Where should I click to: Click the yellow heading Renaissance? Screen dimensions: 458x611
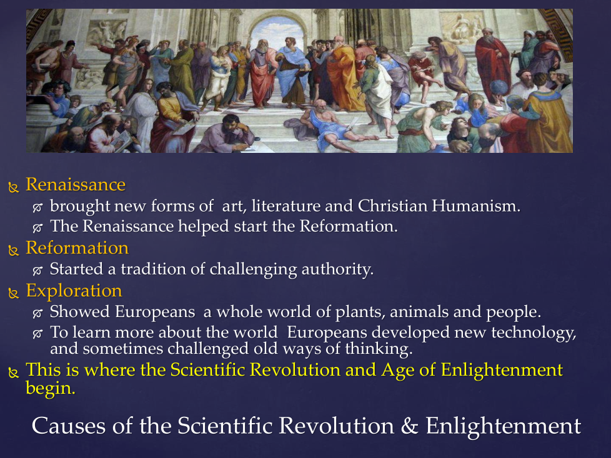[75, 185]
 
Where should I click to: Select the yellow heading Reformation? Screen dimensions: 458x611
[77, 248]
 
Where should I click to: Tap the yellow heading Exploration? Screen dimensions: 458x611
[74, 291]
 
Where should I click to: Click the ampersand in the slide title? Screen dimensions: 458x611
[410, 426]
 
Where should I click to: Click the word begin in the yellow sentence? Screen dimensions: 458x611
[50, 388]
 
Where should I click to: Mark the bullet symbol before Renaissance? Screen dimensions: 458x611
[14, 187]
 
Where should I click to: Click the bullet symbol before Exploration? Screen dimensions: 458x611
[14, 293]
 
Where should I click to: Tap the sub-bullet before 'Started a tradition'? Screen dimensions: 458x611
[39, 271]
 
